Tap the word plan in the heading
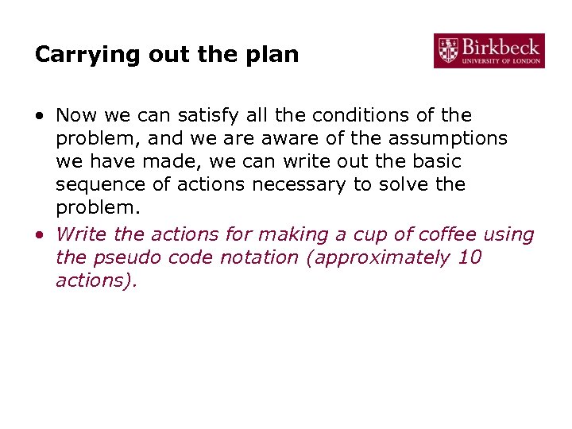click(274, 55)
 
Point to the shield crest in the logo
click(448, 50)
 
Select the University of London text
click(500, 60)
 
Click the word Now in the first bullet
click(75, 115)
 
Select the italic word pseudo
click(125, 257)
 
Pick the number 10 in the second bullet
click(470, 257)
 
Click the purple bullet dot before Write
click(40, 235)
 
